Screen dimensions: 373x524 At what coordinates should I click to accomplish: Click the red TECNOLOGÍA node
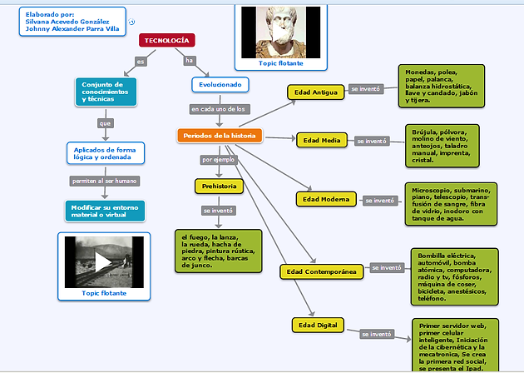[167, 40]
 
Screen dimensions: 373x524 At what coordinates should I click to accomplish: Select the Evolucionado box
[220, 85]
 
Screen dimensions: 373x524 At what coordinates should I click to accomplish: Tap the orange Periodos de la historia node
[220, 135]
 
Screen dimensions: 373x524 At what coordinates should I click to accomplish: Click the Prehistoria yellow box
[219, 186]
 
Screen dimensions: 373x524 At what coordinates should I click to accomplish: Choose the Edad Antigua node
[314, 92]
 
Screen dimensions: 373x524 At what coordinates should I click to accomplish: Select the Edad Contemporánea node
[321, 271]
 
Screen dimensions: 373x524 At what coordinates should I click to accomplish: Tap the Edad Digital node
[318, 324]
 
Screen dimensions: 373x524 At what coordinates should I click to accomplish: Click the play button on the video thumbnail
[104, 261]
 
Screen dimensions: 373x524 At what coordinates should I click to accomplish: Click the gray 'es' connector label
[141, 62]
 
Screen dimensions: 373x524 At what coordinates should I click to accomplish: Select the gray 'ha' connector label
[190, 61]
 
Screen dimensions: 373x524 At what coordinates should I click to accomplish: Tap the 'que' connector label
[105, 123]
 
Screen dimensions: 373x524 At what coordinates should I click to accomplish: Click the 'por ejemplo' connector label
[219, 159]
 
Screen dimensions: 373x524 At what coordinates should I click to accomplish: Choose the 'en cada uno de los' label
[219, 109]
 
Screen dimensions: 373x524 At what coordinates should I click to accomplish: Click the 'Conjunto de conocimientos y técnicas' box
[104, 92]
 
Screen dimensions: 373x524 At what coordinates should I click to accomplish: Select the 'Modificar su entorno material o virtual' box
[104, 211]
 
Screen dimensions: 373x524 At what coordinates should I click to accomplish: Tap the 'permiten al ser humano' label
[104, 181]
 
